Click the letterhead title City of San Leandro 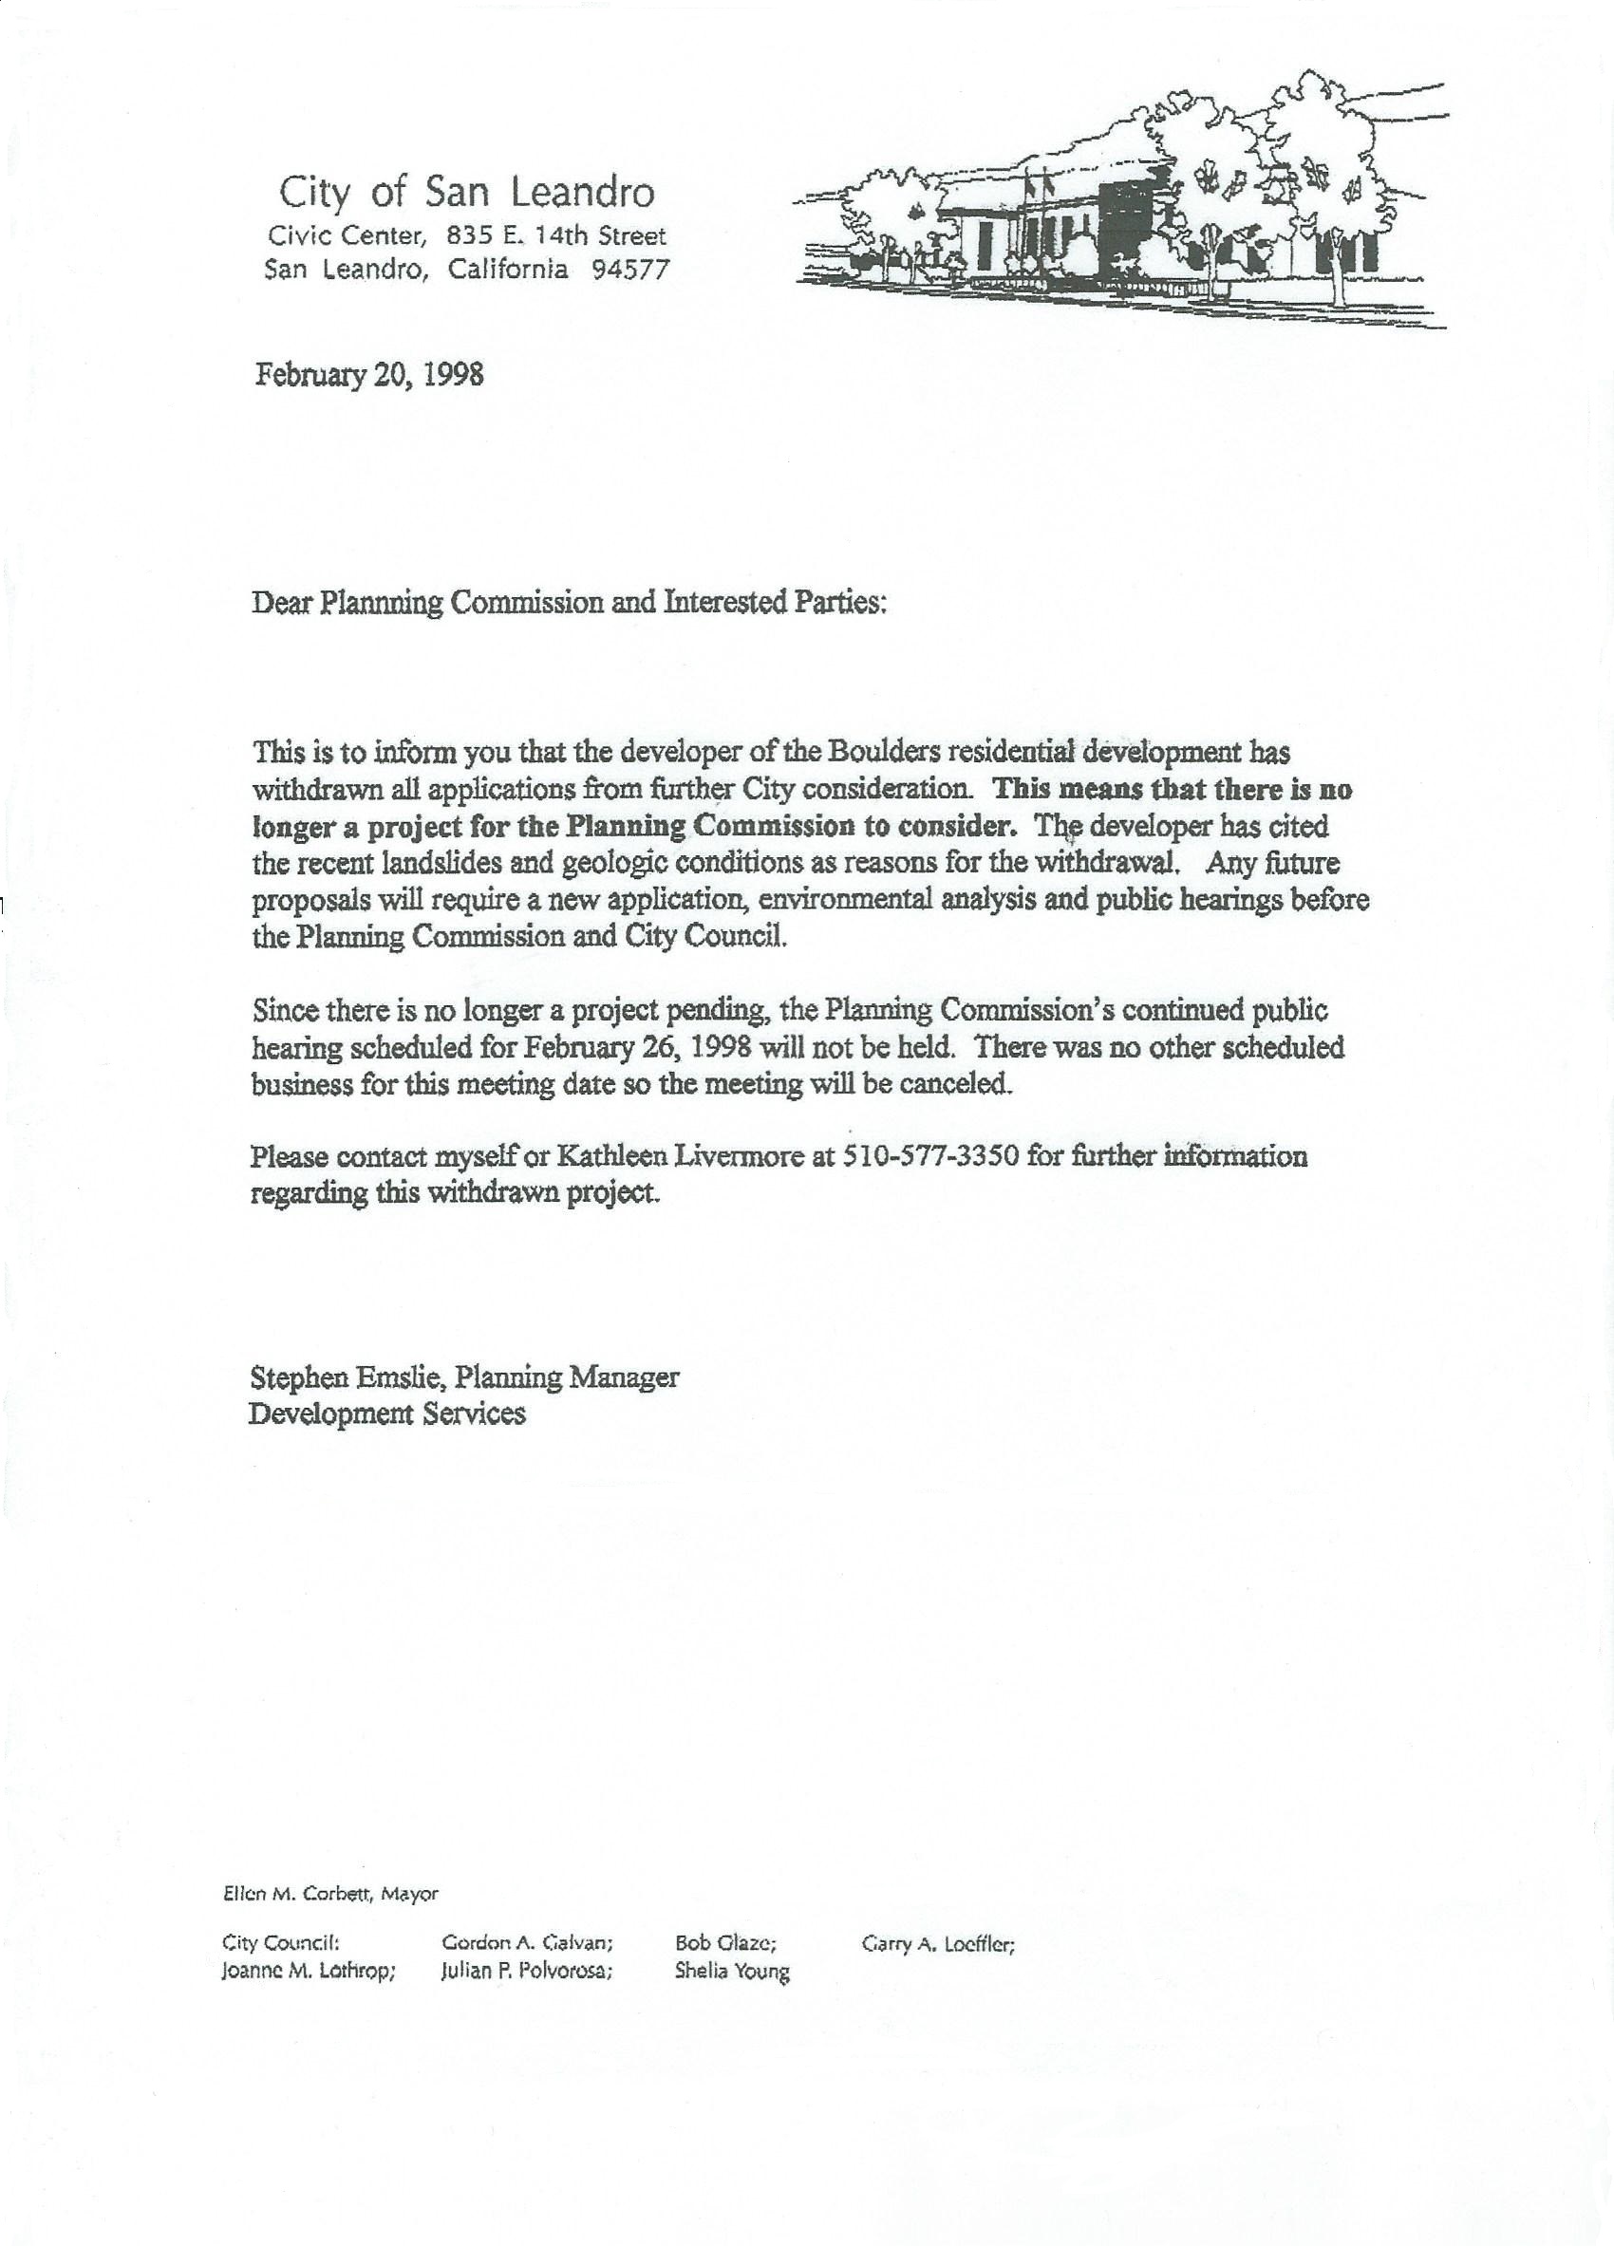466,192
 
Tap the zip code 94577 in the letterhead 630,270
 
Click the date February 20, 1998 369,375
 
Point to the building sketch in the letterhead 1119,203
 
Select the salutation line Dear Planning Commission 569,602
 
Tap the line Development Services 386,1413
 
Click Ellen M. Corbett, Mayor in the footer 330,1894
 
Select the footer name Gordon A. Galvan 527,1944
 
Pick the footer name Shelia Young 732,1971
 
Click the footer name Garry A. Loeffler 939,1944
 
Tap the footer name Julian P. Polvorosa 527,1971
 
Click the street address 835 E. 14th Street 556,235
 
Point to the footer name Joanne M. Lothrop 309,1971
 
